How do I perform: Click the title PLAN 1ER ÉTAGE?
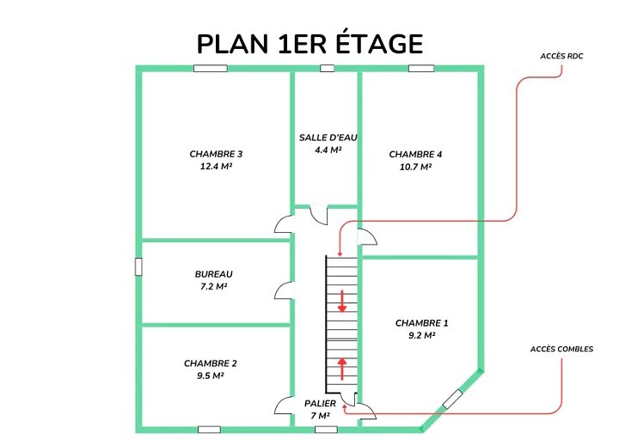309,43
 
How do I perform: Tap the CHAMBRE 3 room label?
216,154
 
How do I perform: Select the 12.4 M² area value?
216,166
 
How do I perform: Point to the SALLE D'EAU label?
328,137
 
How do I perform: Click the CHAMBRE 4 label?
415,155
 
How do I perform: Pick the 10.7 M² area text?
415,167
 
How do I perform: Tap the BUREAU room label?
213,274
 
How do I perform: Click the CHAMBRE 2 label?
211,364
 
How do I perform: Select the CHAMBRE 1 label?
421,323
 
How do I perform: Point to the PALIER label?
320,403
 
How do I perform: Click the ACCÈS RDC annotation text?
561,56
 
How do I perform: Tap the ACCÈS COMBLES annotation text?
561,349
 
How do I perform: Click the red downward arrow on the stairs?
342,302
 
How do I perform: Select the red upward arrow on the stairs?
342,369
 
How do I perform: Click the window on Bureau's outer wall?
138,266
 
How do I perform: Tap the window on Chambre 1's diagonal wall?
452,399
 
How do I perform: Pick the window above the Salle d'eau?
327,68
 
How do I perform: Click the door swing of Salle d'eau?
319,216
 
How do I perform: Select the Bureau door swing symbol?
285,290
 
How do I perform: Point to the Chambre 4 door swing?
368,237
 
